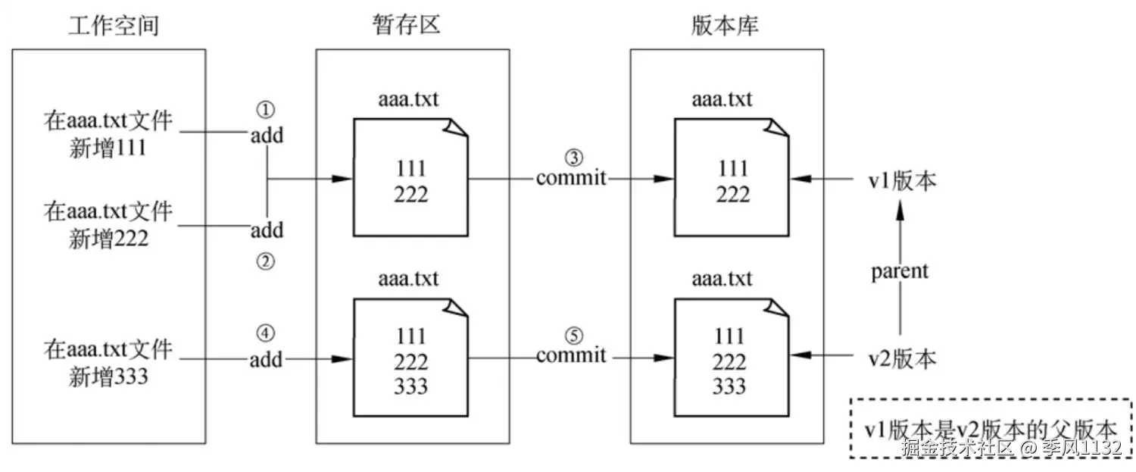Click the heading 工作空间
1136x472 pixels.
point(114,26)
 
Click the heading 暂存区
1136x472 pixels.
point(411,26)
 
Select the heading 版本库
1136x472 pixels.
point(726,26)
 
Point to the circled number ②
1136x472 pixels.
point(265,262)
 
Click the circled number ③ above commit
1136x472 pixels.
point(573,157)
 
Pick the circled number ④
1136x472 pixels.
point(265,333)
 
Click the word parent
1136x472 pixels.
point(900,271)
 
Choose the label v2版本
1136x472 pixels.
point(901,358)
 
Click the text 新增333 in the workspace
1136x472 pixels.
point(108,375)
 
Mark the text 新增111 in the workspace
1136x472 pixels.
point(108,147)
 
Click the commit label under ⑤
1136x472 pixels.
point(572,355)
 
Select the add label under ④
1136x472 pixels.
point(266,358)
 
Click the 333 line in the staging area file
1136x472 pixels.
point(411,386)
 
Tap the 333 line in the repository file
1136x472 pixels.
point(729,386)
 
